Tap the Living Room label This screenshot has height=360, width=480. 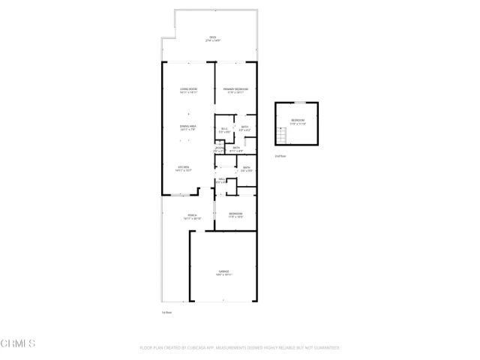pyautogui.click(x=188, y=88)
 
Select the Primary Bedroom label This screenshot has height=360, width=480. pyautogui.click(x=235, y=88)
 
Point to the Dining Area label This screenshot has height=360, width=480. pyautogui.click(x=188, y=126)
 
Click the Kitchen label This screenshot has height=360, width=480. pyautogui.click(x=183, y=166)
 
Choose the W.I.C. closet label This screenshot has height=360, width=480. pyautogui.click(x=224, y=128)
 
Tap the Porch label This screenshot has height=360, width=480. pyautogui.click(x=192, y=215)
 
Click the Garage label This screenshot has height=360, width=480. pyautogui.click(x=224, y=271)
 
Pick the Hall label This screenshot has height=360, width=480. pyautogui.click(x=222, y=178)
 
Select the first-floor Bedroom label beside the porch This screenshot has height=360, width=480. pyautogui.click(x=235, y=213)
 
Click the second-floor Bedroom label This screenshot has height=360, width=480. pyautogui.click(x=298, y=120)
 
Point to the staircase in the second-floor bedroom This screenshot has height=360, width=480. pyautogui.click(x=282, y=136)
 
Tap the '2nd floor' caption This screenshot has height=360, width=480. pyautogui.click(x=280, y=156)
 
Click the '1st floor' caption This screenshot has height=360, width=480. pyautogui.click(x=166, y=312)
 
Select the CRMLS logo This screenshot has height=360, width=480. pyautogui.click(x=18, y=343)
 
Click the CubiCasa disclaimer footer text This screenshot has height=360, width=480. pyautogui.click(x=240, y=348)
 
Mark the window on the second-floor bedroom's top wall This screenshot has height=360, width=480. pyautogui.click(x=298, y=102)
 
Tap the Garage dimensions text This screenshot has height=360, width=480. pyautogui.click(x=224, y=275)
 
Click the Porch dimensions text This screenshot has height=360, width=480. pyautogui.click(x=192, y=219)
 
